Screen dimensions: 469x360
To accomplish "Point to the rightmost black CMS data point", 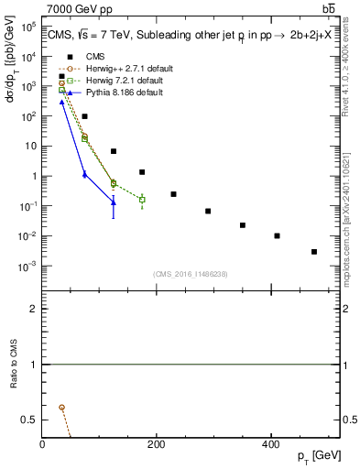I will (313, 251).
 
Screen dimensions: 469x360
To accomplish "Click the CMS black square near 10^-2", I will (277, 235).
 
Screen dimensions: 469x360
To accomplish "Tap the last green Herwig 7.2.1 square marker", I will (142, 200).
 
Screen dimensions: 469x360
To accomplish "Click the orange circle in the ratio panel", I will (61, 407).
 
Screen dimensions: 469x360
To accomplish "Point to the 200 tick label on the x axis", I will (156, 444).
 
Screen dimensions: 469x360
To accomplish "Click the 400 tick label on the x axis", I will (269, 444).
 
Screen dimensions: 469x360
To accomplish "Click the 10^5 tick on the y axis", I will (28, 27).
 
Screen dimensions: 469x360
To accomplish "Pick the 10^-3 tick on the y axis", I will (28, 267).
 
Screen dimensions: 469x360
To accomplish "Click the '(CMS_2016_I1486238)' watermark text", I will (191, 274).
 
